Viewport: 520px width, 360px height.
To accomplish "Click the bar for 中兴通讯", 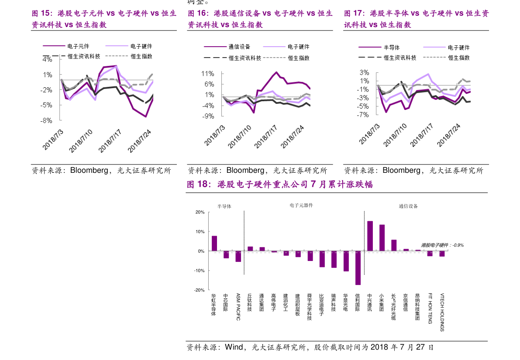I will pyautogui.click(x=370, y=236).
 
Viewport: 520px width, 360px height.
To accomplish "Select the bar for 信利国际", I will pyautogui.click(x=358, y=268).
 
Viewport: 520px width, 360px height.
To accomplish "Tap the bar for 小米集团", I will pyautogui.click(x=382, y=237).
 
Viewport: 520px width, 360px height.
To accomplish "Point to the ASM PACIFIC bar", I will pyautogui.click(x=238, y=256).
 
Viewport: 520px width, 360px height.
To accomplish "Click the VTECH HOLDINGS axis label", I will pyautogui.click(x=442, y=312).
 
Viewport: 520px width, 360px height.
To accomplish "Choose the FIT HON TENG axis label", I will pyautogui.click(x=430, y=308).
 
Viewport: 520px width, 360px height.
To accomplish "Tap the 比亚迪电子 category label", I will pyautogui.click(x=322, y=305).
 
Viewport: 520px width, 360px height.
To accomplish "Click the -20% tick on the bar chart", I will pyautogui.click(x=200, y=290).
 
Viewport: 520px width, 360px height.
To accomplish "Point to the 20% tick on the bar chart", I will pyautogui.click(x=200, y=212).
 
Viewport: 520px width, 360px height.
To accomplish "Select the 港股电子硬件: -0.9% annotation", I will pyautogui.click(x=442, y=245).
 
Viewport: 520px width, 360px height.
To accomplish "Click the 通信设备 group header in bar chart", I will pyautogui.click(x=408, y=206).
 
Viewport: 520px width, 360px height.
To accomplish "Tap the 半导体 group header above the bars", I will pyautogui.click(x=224, y=206).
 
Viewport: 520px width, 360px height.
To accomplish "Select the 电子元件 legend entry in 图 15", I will pyautogui.click(x=79, y=46).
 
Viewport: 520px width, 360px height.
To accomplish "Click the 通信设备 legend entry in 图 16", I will pyautogui.click(x=239, y=47).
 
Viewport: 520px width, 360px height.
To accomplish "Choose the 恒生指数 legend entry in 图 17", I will pyautogui.click(x=458, y=58).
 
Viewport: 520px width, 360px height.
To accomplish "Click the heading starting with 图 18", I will pyautogui.click(x=280, y=185).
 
